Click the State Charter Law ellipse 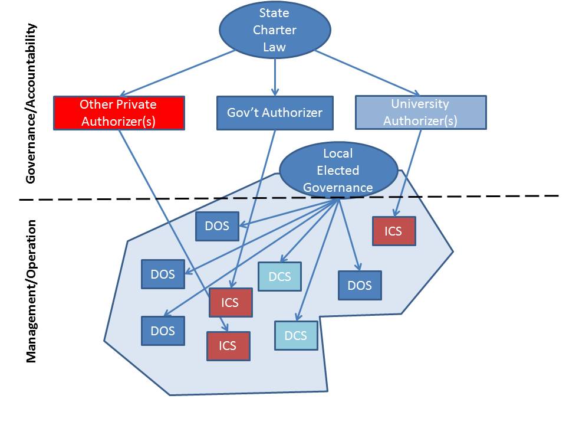point(275,30)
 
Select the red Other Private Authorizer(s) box point(119,112)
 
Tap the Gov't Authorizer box point(275,113)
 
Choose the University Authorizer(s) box point(420,112)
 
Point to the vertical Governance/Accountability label point(32,103)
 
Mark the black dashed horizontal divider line point(472,196)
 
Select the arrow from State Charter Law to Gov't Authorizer point(275,74)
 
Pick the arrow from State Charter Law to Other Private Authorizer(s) point(177,73)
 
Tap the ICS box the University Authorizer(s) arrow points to point(394,231)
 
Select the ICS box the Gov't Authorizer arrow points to point(231,302)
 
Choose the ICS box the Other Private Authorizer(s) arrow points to point(228,346)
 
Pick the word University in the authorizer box point(420,104)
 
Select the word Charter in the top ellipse point(275,30)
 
